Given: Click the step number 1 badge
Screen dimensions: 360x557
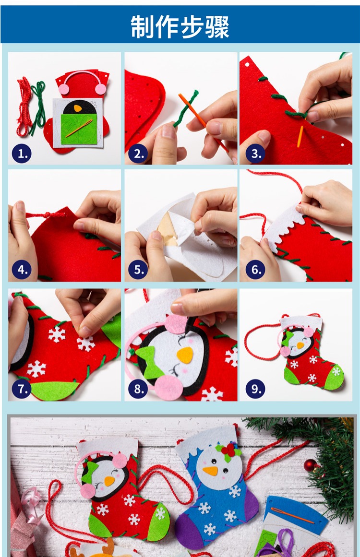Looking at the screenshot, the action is (22, 154).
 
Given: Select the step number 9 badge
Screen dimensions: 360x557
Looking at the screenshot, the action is (255, 389).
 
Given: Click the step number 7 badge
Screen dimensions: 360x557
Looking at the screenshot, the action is (22, 389).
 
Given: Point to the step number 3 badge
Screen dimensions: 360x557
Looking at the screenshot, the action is (255, 154).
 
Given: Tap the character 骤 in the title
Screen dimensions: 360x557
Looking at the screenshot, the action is (217, 27).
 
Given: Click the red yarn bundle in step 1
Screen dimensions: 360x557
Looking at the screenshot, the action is (24, 107).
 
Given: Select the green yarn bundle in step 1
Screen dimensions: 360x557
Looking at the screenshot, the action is (38, 107).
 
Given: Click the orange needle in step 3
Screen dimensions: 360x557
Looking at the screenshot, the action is (300, 136).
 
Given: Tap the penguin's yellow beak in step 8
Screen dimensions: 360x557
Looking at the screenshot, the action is (185, 355).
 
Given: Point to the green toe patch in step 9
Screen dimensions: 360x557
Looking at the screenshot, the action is (335, 377).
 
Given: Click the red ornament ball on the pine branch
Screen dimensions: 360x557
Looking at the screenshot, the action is (310, 465).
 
